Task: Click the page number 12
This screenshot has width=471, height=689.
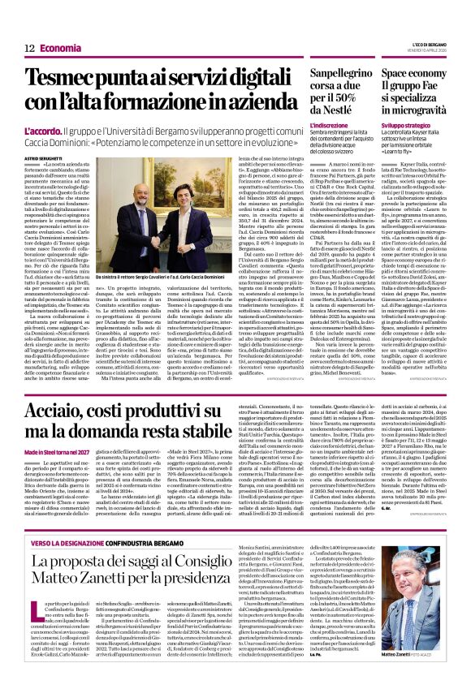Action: (x=28, y=48)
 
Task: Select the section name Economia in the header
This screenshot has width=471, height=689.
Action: (x=60, y=48)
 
